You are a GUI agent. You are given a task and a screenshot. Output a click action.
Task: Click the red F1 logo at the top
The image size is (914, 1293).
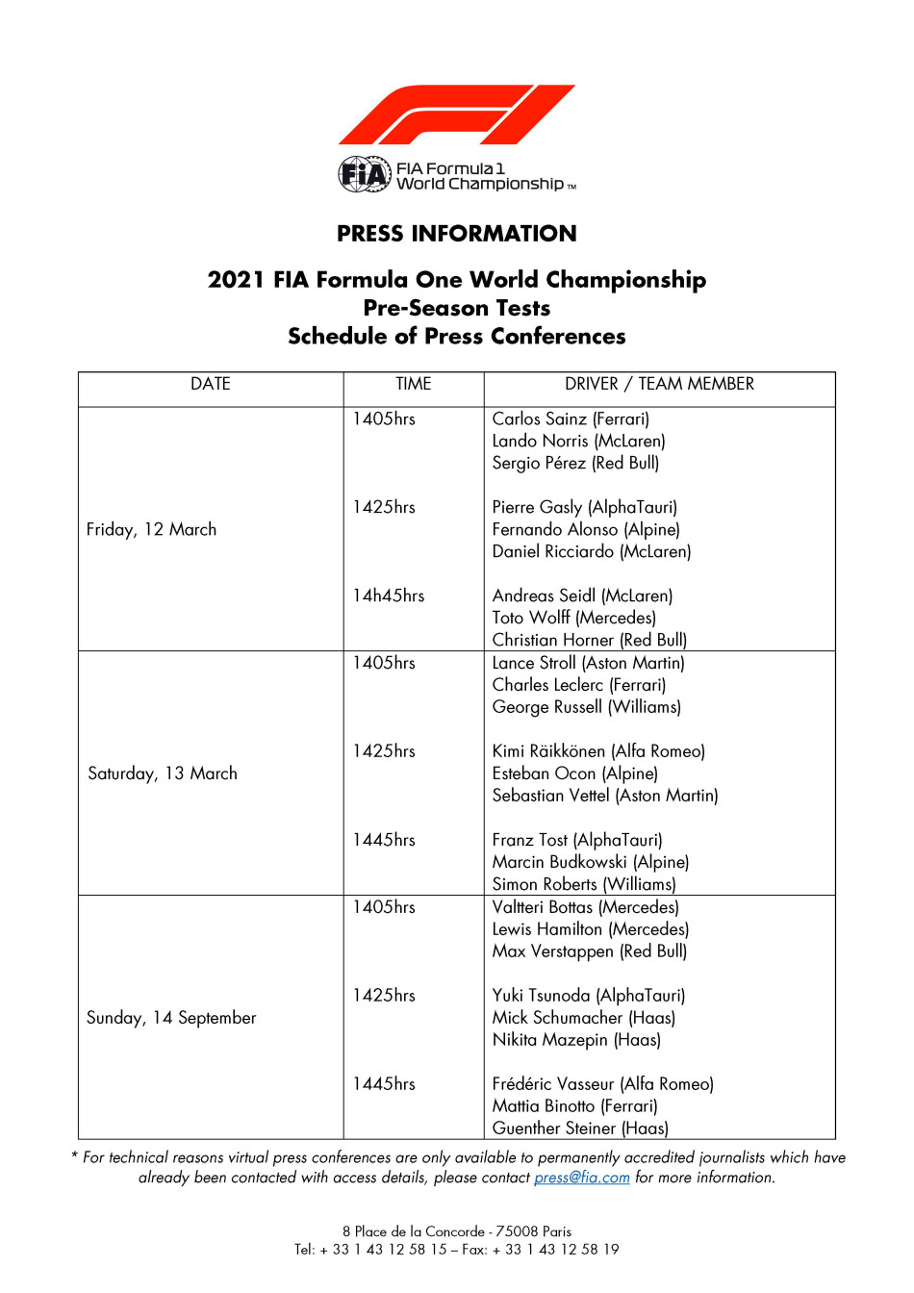[x=456, y=115]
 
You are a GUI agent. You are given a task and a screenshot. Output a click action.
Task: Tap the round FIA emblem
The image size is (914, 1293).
[x=365, y=175]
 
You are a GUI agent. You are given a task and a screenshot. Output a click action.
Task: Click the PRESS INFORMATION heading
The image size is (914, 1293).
[x=457, y=234]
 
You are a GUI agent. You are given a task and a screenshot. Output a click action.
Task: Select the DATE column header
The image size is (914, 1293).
[x=211, y=384]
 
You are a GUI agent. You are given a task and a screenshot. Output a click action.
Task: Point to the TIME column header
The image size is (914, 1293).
[x=414, y=384]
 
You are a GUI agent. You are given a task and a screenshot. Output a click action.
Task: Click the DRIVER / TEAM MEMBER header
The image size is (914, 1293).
[x=659, y=384]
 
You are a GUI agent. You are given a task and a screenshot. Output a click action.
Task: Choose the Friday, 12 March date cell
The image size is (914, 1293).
[x=152, y=530]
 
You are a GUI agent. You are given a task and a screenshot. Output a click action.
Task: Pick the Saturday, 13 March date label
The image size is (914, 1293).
[x=163, y=773]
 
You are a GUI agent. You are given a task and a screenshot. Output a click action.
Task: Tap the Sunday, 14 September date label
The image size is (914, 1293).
[x=171, y=1018]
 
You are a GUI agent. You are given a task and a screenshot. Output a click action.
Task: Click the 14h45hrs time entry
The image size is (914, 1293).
[x=389, y=596]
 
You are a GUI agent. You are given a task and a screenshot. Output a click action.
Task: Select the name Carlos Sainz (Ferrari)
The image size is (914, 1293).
[x=571, y=419]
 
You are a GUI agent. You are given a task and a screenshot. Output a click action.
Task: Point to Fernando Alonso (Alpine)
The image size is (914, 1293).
[x=586, y=530]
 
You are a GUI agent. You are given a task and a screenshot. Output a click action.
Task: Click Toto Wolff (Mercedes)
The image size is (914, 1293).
[x=574, y=619]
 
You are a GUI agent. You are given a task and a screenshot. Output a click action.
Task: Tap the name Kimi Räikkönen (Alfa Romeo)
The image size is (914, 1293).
[x=598, y=751]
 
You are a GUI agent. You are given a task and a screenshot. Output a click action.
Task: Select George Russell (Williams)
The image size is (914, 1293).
[x=587, y=707]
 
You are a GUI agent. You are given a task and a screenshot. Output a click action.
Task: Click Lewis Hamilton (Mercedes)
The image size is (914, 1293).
[x=591, y=929]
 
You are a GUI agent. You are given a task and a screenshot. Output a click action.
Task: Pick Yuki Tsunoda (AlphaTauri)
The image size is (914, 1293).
[x=589, y=996]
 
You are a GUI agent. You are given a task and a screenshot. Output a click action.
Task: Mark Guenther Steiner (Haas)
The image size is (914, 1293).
[x=580, y=1128]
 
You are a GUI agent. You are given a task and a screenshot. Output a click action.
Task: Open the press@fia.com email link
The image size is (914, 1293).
[x=582, y=1178]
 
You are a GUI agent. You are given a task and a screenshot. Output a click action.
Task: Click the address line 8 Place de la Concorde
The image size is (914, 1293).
[x=457, y=1231]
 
